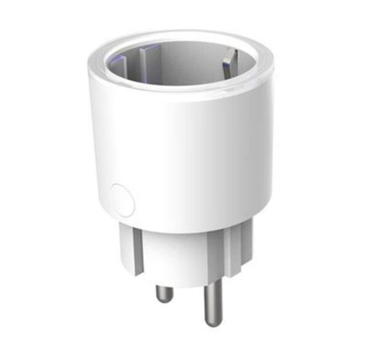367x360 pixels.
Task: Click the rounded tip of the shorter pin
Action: pyautogui.click(x=164, y=300)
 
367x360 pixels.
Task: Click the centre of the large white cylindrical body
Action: pyautogui.click(x=183, y=155)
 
